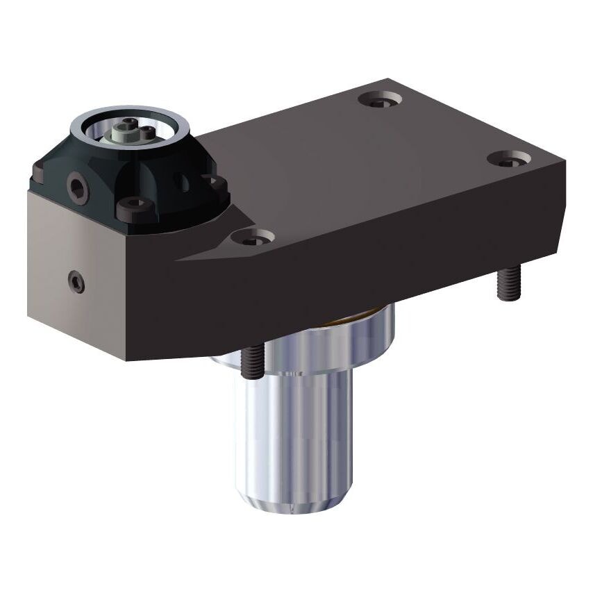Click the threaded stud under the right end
tap(508, 285)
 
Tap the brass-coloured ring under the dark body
tap(354, 319)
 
